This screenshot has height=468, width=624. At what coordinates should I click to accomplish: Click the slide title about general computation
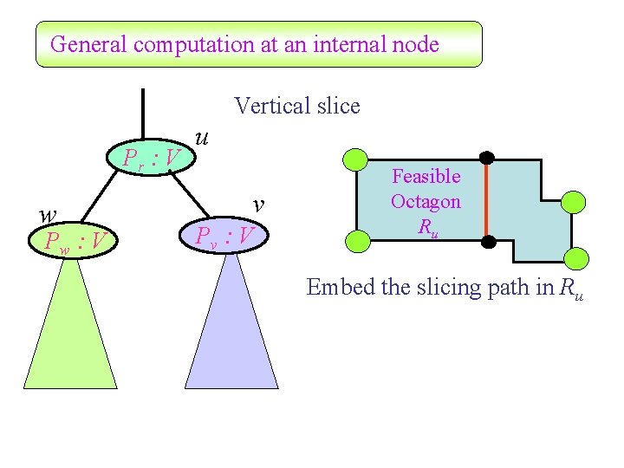(244, 44)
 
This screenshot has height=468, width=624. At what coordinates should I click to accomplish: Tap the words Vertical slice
(296, 107)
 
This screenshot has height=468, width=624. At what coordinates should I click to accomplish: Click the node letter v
(257, 204)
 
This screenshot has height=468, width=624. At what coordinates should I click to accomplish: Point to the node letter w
(49, 213)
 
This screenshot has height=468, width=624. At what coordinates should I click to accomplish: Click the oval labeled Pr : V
(152, 158)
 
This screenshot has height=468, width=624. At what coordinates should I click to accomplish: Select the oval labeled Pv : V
(224, 235)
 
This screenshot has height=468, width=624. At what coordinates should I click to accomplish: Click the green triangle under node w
(71, 329)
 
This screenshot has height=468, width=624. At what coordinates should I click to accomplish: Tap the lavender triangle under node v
(231, 329)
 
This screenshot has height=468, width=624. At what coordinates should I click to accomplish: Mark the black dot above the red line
(487, 158)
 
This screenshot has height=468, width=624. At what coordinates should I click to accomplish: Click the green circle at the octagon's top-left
(356, 159)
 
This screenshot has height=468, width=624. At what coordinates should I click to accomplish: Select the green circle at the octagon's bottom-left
(356, 240)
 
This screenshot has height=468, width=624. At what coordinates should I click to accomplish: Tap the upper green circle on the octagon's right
(574, 203)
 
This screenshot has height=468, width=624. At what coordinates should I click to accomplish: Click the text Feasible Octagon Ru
(426, 202)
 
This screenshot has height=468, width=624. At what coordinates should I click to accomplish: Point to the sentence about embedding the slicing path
(445, 288)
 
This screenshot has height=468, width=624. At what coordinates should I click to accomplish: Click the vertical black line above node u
(143, 113)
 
